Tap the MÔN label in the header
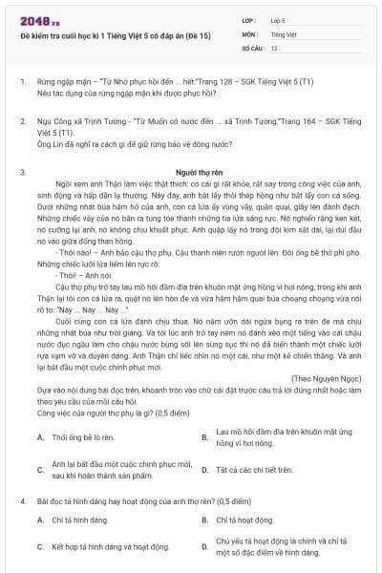tap(251, 33)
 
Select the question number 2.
tap(22, 122)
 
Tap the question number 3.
tap(22, 172)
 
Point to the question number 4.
tap(22, 500)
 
